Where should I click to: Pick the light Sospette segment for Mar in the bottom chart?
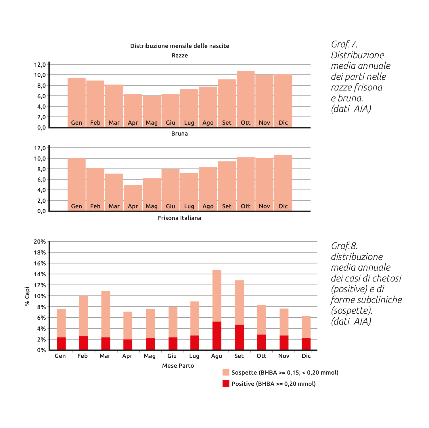click(x=106, y=314)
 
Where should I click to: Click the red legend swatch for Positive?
click(x=226, y=383)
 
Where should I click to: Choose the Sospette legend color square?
click(x=226, y=372)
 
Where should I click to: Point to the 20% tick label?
click(x=40, y=242)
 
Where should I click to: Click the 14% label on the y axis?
click(x=40, y=274)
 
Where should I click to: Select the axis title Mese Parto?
click(x=178, y=366)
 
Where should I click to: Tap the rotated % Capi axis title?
click(x=27, y=296)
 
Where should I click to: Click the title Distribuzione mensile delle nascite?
click(x=180, y=46)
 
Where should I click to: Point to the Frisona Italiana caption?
click(x=179, y=218)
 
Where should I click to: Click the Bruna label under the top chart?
click(x=179, y=134)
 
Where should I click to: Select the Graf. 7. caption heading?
click(x=344, y=44)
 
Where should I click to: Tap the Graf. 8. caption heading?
click(x=344, y=246)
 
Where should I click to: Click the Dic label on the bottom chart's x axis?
click(x=306, y=356)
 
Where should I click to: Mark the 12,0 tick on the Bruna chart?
click(x=40, y=65)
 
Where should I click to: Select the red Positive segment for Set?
click(x=239, y=337)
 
